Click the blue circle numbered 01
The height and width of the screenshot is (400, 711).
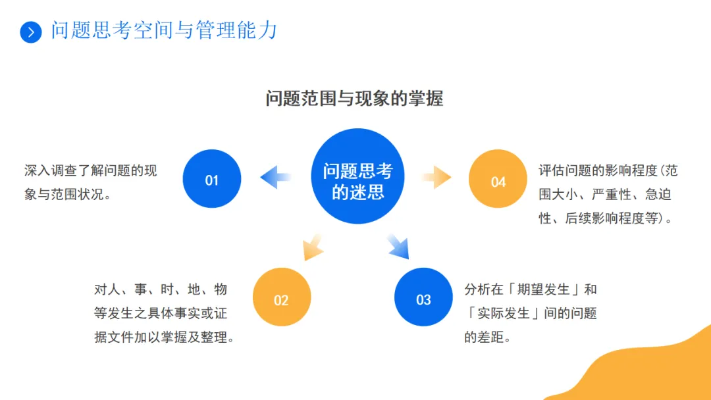[x=212, y=179]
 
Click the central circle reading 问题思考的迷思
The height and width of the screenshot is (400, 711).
[x=357, y=176]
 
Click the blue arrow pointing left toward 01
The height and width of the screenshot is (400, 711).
[x=276, y=177]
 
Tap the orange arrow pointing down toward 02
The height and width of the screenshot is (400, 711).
[x=312, y=247]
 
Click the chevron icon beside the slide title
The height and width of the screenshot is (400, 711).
[x=30, y=32]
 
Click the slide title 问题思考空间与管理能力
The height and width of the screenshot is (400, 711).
[x=165, y=31]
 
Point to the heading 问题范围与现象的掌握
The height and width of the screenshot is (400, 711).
[x=354, y=99]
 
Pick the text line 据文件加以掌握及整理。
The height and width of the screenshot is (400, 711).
[x=165, y=337]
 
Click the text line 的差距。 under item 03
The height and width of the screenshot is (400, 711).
[x=488, y=337]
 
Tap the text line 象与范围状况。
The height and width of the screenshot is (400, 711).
[x=68, y=195]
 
